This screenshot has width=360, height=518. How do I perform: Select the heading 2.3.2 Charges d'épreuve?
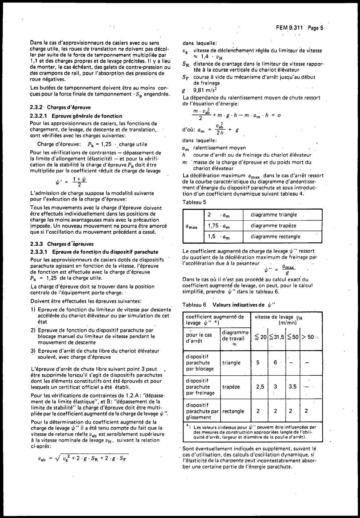61,107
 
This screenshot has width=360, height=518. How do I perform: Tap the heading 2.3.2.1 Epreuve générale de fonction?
76,116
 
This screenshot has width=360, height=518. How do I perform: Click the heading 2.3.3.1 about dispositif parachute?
94,252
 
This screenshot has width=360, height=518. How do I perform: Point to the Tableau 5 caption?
194,202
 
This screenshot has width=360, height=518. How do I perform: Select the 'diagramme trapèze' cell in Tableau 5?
274,226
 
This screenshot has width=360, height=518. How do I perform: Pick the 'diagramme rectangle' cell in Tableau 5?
276,237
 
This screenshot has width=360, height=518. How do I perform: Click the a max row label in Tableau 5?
192,226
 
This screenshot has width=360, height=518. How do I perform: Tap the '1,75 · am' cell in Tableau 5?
219,226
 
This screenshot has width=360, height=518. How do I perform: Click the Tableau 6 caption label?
194,305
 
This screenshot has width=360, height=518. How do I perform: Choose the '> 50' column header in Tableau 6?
308,337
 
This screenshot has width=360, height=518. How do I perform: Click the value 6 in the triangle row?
275,362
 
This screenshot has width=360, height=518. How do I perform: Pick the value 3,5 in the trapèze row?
290,387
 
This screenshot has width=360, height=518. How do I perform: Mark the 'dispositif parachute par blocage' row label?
200,362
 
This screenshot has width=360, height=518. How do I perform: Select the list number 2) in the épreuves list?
33,330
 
